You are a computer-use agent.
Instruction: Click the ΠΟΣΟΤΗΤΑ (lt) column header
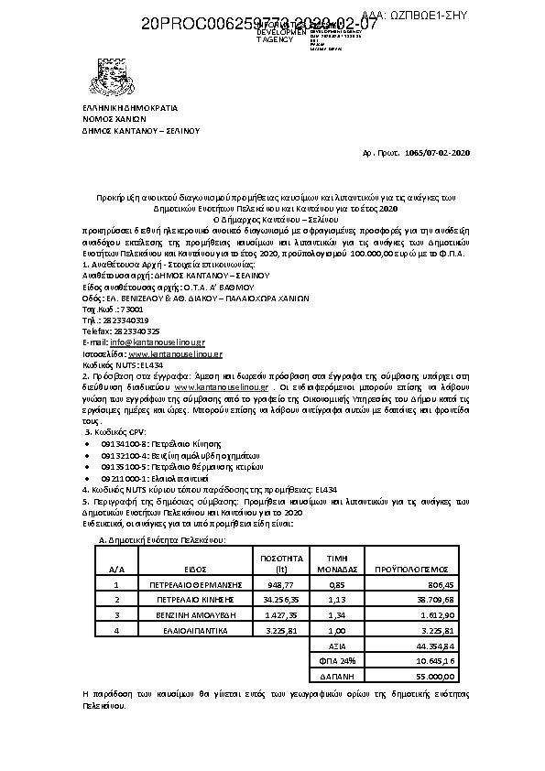click(x=281, y=562)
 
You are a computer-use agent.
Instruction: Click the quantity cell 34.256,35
click(x=281, y=599)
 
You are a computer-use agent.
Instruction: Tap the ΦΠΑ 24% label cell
click(x=336, y=660)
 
